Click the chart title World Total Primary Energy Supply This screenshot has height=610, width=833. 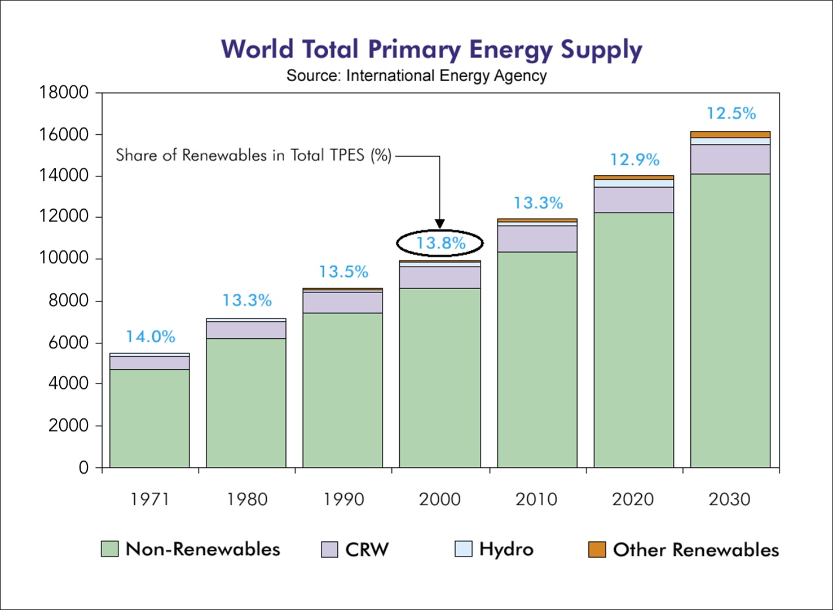[431, 50]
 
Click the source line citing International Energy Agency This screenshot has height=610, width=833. [416, 76]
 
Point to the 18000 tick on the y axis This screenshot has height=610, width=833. [64, 92]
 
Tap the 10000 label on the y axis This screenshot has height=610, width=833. [64, 258]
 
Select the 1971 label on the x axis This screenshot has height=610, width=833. [149, 500]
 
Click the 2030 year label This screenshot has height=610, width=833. [729, 500]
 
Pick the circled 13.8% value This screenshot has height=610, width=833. [440, 243]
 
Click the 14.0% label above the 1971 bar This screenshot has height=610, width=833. [150, 337]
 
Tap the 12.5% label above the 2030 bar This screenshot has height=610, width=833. [731, 113]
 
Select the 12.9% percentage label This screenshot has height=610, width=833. [635, 160]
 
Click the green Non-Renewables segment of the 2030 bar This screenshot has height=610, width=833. [730, 320]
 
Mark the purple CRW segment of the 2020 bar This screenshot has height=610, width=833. [634, 200]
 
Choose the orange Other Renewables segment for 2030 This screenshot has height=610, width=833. [730, 135]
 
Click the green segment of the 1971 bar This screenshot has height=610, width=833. [149, 418]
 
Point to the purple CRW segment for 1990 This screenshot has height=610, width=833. [342, 303]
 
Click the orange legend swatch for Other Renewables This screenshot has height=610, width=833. [597, 550]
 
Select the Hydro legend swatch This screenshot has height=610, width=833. [464, 549]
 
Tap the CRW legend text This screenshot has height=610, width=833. [367, 550]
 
